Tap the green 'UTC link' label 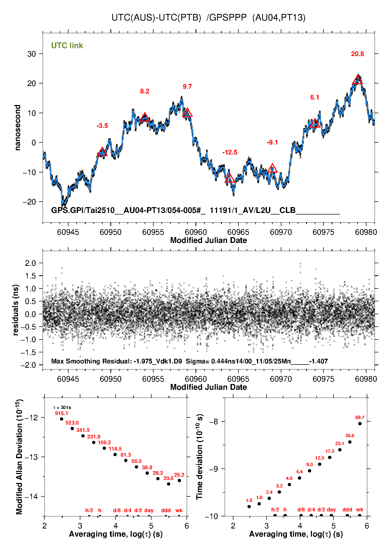point(67,46)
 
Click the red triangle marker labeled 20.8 point(357,80)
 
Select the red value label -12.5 point(230,152)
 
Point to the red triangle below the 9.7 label point(187,113)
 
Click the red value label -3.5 point(102,126)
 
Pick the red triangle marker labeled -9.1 point(272,168)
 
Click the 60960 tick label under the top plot point(196,232)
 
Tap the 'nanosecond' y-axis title point(18,128)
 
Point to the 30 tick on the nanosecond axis point(32,54)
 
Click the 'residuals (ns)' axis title point(16,310)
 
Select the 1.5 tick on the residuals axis point(30,276)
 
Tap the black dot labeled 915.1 point(62,419)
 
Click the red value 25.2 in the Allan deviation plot point(179,475)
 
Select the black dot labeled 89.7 point(360,424)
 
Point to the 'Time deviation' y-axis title point(199,457)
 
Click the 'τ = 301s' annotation point(62,408)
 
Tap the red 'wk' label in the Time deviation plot point(360,510)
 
